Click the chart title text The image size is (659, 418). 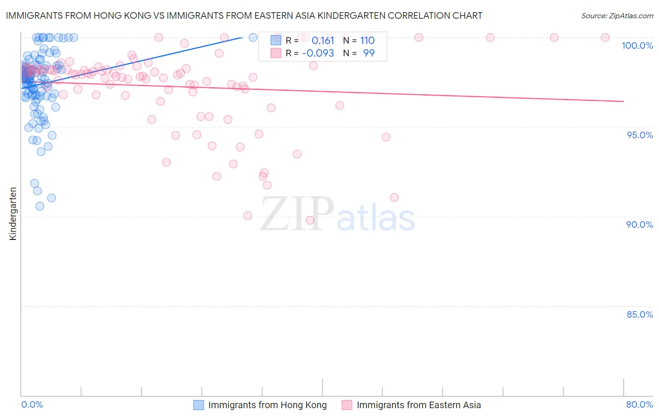click(x=244, y=15)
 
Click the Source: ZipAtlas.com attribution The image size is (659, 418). click(x=617, y=15)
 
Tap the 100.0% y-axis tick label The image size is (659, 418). click(x=637, y=45)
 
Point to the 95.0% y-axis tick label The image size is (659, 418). click(x=640, y=135)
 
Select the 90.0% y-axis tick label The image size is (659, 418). click(x=639, y=224)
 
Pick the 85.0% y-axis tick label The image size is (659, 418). click(x=640, y=314)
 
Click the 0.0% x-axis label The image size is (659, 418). click(x=32, y=404)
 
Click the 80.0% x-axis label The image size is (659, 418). click(x=639, y=404)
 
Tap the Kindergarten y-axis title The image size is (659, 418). click(x=13, y=214)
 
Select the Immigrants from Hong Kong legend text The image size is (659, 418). click(x=267, y=405)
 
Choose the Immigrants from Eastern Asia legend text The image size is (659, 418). click(x=419, y=405)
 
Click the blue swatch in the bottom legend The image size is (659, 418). click(x=199, y=405)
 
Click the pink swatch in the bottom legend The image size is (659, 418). click(x=347, y=405)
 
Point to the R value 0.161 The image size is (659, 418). click(x=322, y=40)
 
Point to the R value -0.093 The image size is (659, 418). click(x=318, y=53)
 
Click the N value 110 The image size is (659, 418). click(x=367, y=40)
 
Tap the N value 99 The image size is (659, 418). click(x=369, y=53)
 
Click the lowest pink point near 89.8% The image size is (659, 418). click(x=310, y=220)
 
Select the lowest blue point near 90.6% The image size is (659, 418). click(x=40, y=206)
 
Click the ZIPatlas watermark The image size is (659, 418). click(x=337, y=215)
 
